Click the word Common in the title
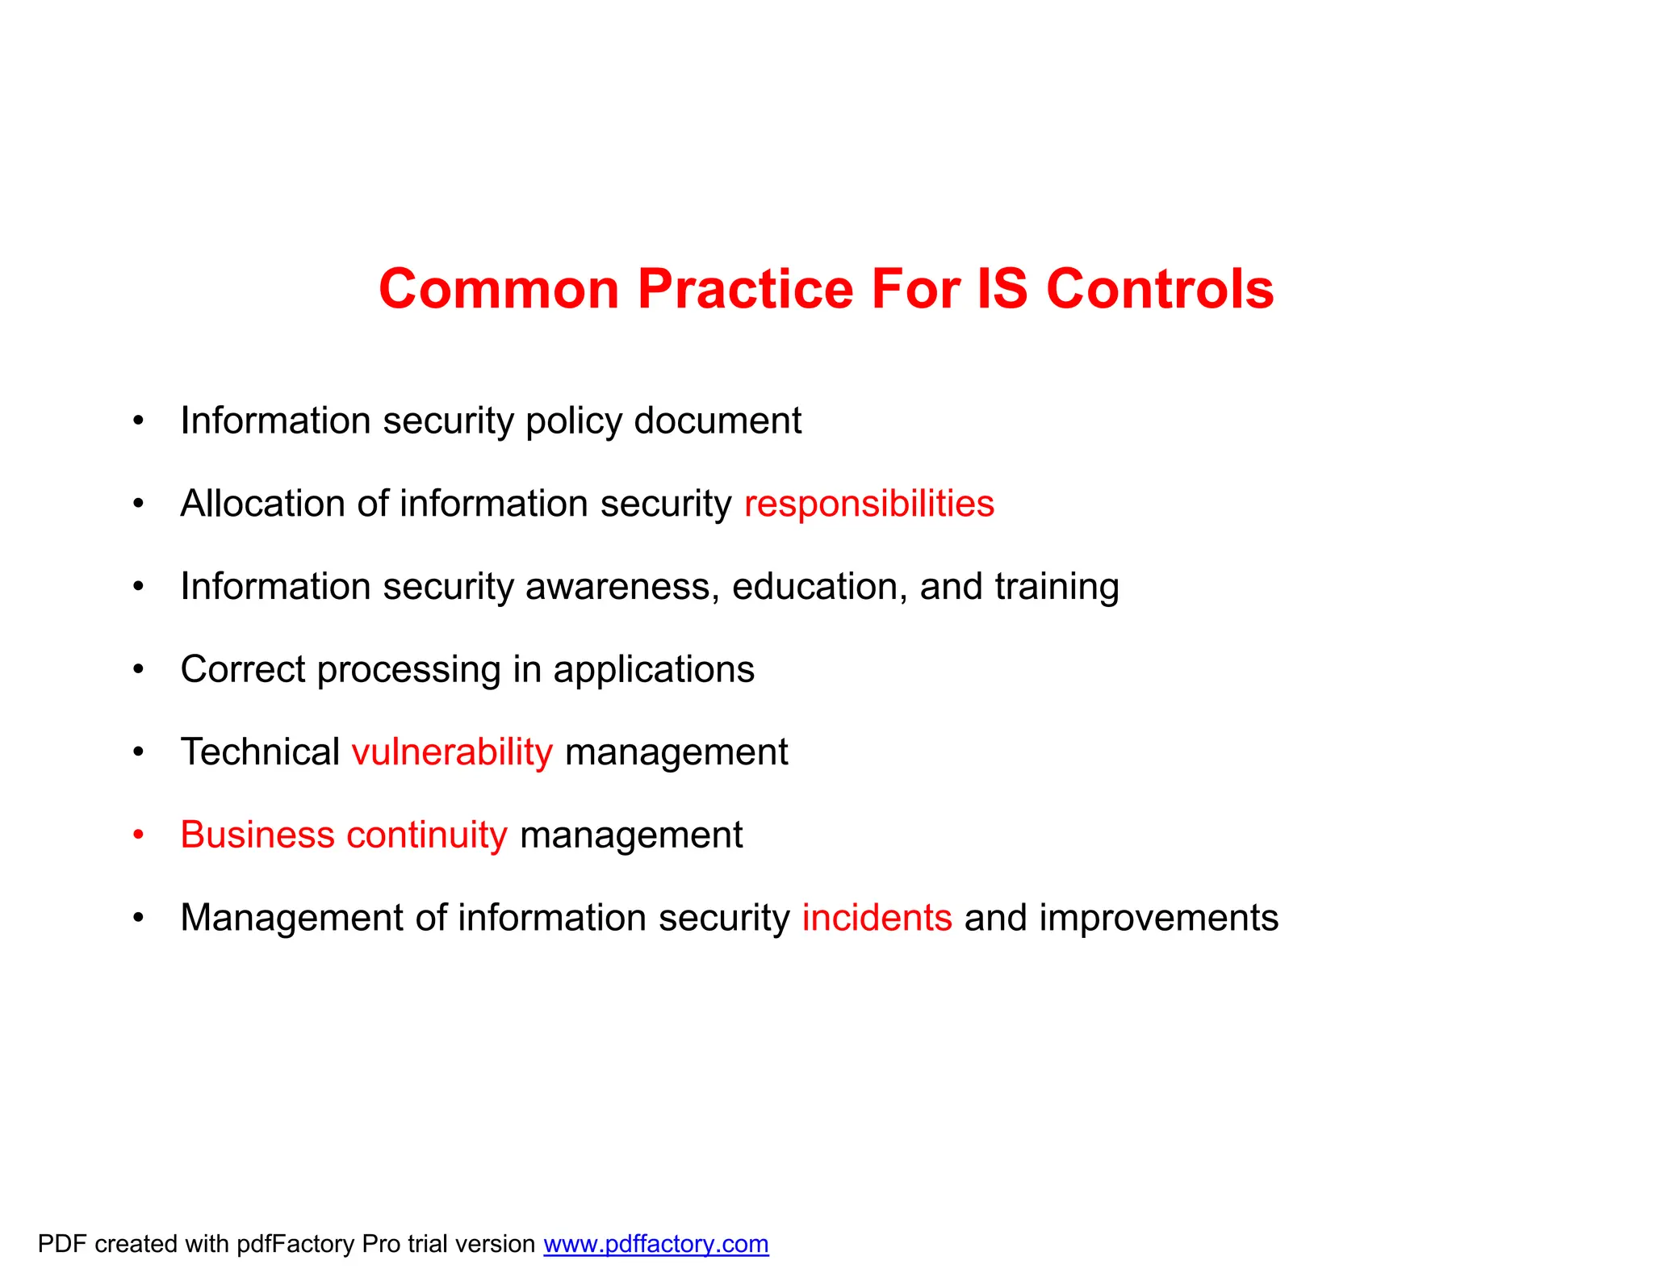click(x=498, y=289)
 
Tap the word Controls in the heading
click(x=1160, y=289)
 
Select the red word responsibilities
click(x=868, y=504)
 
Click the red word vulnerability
click(x=452, y=752)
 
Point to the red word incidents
click(x=877, y=918)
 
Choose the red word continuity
click(x=427, y=835)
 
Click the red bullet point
click(x=139, y=835)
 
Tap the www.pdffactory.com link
click(x=655, y=1244)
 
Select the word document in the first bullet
click(x=717, y=421)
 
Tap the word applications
click(x=653, y=670)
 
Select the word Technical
click(x=260, y=752)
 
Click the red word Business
click(x=257, y=835)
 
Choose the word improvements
click(x=1158, y=918)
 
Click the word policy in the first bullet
click(x=574, y=421)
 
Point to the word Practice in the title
click(x=745, y=289)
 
